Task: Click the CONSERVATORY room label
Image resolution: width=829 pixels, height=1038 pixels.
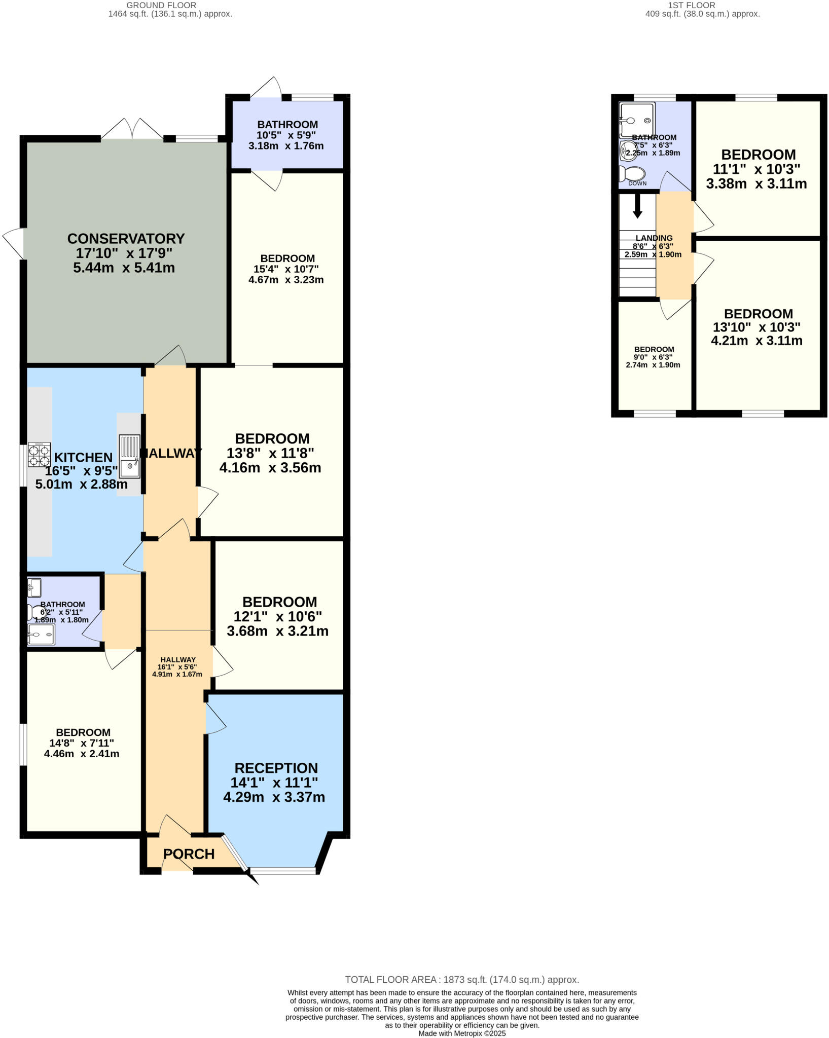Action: coord(126,239)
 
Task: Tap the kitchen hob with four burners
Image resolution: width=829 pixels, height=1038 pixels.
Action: coord(39,455)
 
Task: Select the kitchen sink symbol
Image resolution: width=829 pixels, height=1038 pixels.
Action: coord(130,456)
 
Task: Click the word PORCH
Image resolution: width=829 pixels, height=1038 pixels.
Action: coord(189,854)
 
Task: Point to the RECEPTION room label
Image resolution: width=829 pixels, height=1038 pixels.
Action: coord(276,768)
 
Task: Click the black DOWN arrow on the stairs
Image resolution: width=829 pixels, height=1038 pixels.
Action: coord(637,206)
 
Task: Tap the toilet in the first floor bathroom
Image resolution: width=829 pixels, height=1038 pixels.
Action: coord(632,174)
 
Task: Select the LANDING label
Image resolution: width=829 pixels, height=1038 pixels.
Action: coord(654,238)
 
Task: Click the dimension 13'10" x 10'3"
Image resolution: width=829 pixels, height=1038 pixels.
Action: coord(758,327)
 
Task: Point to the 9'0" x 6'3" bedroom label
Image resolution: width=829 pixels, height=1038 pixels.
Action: coord(654,357)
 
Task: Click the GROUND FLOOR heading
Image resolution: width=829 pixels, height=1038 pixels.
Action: coord(161,6)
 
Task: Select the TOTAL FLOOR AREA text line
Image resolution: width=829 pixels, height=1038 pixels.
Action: coord(461,980)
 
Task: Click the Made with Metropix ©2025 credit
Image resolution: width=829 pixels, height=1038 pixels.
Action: coord(461,1033)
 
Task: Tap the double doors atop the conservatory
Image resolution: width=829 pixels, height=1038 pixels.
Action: coord(132,130)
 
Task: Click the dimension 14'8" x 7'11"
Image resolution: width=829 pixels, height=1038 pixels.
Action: coord(79,743)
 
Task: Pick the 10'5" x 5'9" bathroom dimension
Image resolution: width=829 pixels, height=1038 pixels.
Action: coord(286,135)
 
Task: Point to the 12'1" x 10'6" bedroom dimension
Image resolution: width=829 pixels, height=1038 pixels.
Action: coord(277,616)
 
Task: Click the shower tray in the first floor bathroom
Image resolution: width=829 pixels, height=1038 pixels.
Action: coord(637,120)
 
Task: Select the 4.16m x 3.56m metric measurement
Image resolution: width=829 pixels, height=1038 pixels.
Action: coord(270,467)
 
